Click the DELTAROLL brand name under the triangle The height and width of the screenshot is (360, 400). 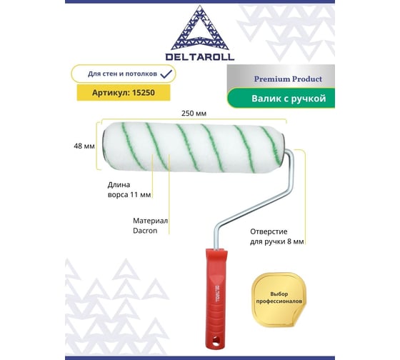pos(200,56)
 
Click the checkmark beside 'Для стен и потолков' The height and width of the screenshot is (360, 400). pos(166,74)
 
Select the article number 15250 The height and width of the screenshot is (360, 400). pos(144,93)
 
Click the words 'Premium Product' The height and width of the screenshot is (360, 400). pos(288,79)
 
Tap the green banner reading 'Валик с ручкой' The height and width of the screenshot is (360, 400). pos(281,99)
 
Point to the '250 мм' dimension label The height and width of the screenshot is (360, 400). pos(194,114)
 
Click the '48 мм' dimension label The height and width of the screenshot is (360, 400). pos(84,146)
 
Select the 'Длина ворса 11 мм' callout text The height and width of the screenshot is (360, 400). pos(129,189)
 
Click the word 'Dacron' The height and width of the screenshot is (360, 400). pos(145,231)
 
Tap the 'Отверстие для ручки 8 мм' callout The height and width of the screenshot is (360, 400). pos(277,236)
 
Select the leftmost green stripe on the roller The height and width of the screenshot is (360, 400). pos(132,146)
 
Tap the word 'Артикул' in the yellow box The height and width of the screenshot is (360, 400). pos(111,93)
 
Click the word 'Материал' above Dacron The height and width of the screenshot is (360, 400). pos(150,221)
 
